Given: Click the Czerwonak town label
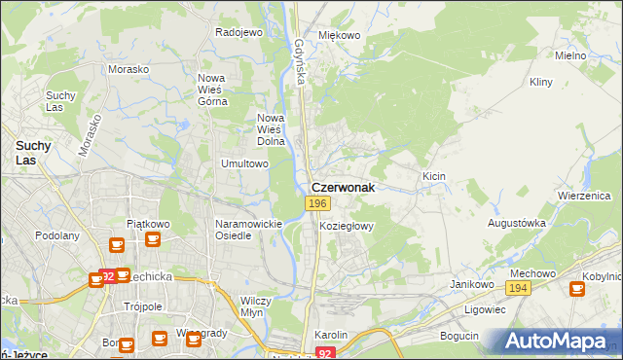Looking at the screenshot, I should tap(342, 187).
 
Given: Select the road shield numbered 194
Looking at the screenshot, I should tap(517, 289).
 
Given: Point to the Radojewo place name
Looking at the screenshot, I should tap(239, 32).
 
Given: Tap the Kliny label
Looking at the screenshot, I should tap(541, 84).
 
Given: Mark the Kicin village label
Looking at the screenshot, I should tap(433, 176).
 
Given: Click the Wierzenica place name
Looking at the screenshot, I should tap(583, 195).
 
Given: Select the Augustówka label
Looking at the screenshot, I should tap(516, 223).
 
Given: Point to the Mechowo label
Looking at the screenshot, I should tap(532, 273).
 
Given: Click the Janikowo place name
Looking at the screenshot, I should tap(468, 283).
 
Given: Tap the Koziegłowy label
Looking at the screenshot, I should tap(347, 225).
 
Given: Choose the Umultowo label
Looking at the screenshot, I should tap(244, 163).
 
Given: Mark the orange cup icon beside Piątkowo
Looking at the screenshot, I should tap(117, 245).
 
